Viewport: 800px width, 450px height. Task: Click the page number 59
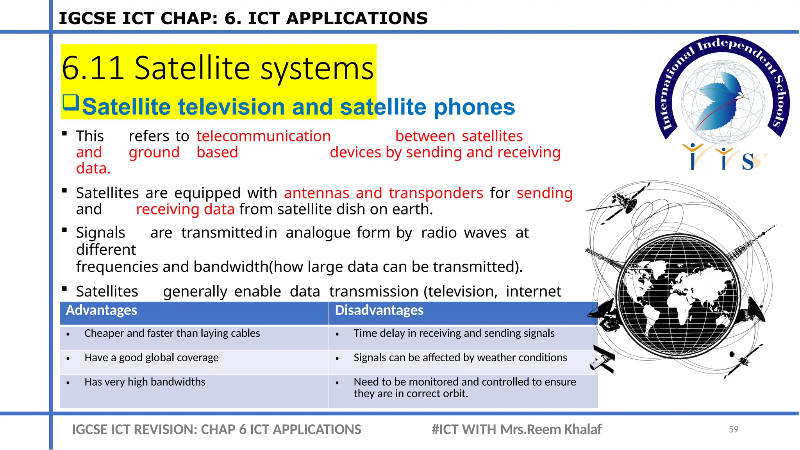(x=733, y=429)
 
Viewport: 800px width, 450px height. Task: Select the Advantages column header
(x=102, y=311)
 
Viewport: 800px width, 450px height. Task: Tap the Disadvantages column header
(x=379, y=311)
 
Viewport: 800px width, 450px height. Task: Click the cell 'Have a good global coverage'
(x=152, y=358)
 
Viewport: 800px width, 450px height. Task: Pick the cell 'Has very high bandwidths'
(x=145, y=382)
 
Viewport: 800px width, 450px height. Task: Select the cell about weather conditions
(x=460, y=358)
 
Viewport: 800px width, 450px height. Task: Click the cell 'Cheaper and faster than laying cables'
(x=172, y=334)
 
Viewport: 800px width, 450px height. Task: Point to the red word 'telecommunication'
(x=264, y=136)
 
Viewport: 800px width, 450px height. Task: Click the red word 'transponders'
(x=436, y=193)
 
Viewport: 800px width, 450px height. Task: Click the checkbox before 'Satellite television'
(x=71, y=102)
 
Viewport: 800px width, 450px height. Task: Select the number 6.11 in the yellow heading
(x=93, y=68)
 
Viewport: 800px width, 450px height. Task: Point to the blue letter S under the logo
(x=748, y=162)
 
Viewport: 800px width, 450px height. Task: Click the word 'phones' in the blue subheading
(x=474, y=107)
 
